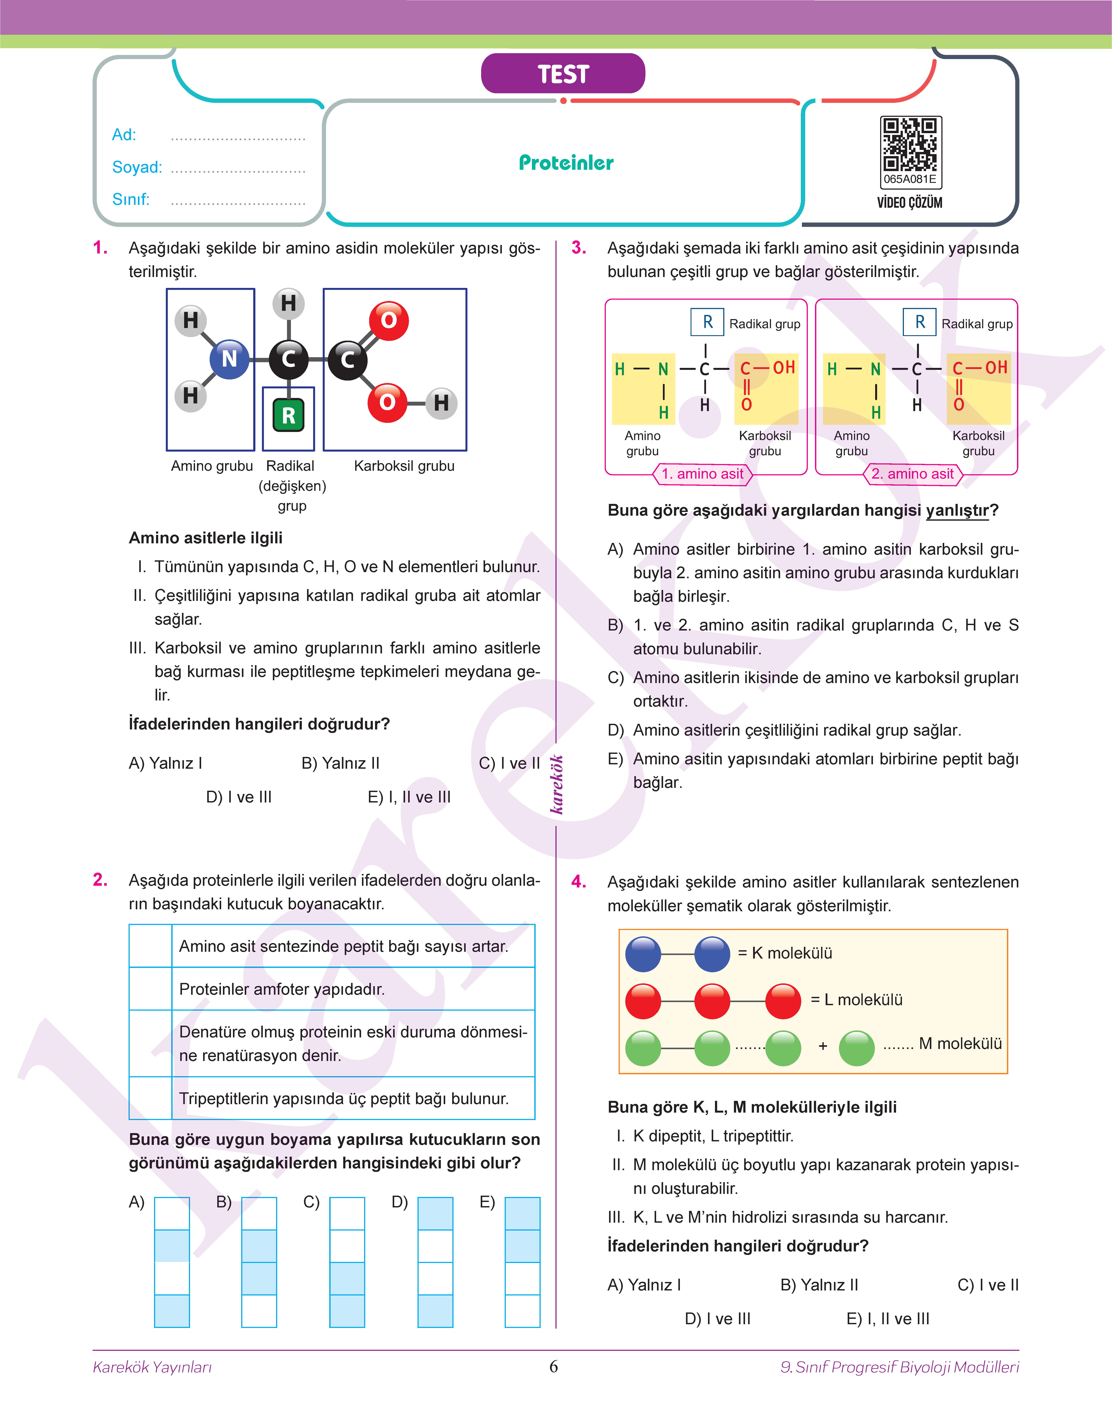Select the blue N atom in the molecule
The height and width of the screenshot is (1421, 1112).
click(229, 359)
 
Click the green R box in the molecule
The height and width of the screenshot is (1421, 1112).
click(289, 415)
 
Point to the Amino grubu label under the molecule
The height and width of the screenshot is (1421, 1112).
click(212, 466)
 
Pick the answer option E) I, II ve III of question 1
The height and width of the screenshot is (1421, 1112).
click(409, 797)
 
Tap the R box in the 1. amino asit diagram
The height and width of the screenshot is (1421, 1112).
click(707, 322)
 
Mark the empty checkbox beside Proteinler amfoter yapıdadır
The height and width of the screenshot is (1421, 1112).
click(150, 989)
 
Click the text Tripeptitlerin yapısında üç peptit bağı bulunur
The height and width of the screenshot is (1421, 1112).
click(344, 1099)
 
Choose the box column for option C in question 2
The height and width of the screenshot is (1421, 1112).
click(347, 1262)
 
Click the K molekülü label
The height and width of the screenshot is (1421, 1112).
click(785, 954)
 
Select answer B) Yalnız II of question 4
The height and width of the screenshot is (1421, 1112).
click(819, 1285)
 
